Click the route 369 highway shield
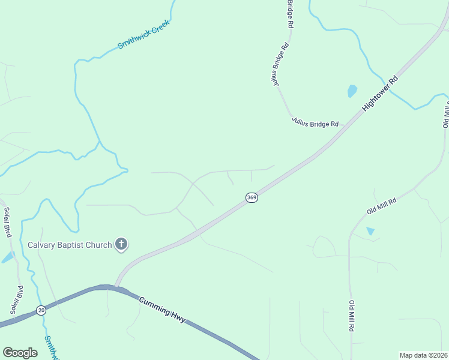252,197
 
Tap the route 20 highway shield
41,310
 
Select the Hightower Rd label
381,94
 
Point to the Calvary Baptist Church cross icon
121,244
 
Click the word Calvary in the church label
43,245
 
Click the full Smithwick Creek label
143,35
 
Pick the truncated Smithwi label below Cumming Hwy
51,347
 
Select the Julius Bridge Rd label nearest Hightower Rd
315,121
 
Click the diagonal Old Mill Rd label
382,207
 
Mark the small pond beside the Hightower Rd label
352,91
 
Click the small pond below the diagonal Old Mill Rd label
370,231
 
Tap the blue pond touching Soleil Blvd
8,257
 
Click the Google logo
20,353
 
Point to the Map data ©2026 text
424,355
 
